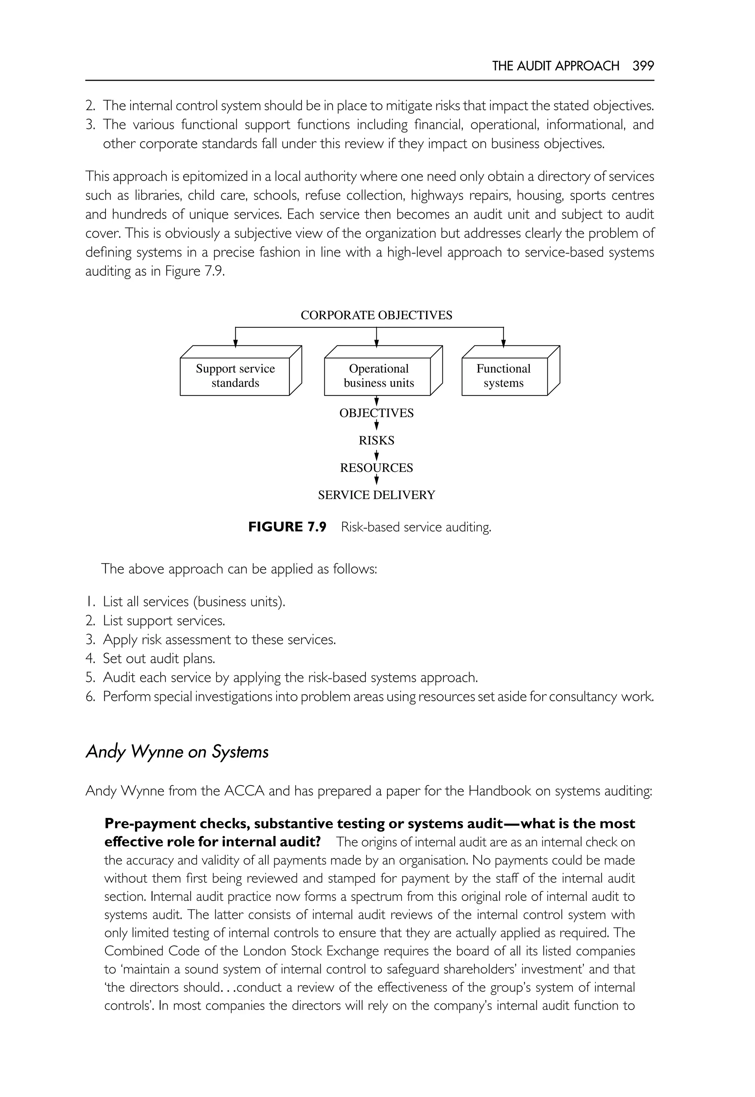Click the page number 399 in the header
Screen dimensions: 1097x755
coord(643,66)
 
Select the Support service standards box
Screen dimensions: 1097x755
coord(235,376)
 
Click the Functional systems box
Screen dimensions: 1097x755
coord(504,376)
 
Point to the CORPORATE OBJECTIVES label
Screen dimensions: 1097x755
coord(376,315)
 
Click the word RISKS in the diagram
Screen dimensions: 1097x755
coord(376,440)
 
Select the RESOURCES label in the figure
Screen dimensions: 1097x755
coord(376,468)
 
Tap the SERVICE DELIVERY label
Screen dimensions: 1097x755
coord(376,495)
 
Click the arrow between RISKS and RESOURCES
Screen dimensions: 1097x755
coord(376,455)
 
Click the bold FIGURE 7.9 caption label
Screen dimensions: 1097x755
coord(287,527)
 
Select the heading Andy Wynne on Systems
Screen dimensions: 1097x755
coord(177,752)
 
